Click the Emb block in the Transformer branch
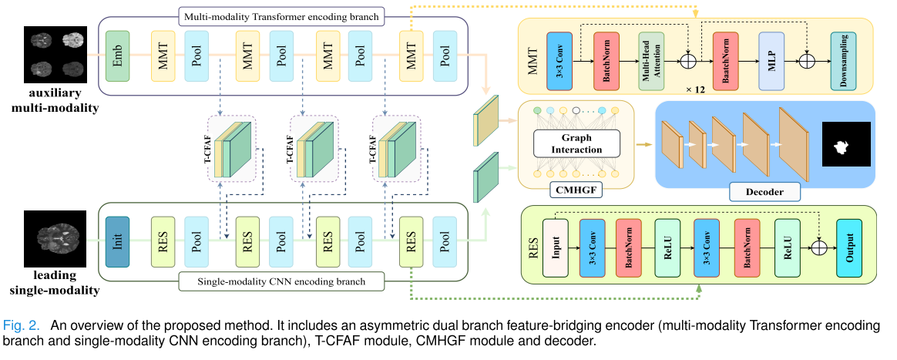118,57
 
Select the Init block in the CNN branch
118,236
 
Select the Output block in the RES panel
849,247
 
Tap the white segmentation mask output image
845,144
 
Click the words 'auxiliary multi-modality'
55,101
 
